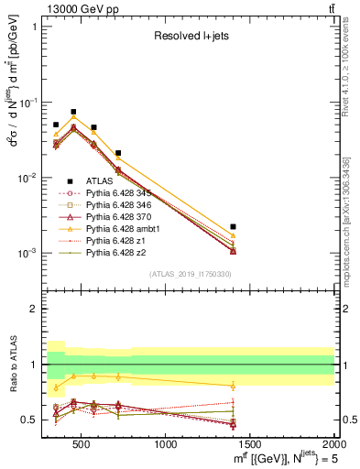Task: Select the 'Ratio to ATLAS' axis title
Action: (13, 364)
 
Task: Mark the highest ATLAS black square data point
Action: (73, 112)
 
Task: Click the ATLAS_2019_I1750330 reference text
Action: (190, 274)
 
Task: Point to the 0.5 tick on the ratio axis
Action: (34, 420)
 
